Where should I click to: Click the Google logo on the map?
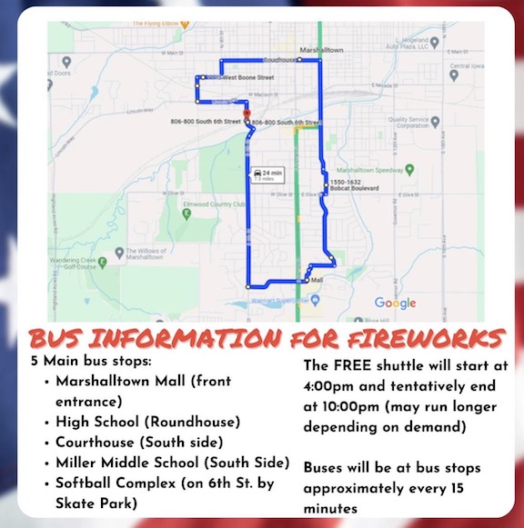pyautogui.click(x=395, y=303)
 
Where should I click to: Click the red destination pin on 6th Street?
pyautogui.click(x=247, y=115)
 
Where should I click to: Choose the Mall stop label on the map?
pyautogui.click(x=317, y=280)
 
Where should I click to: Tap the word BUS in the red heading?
pyautogui.click(x=62, y=338)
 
